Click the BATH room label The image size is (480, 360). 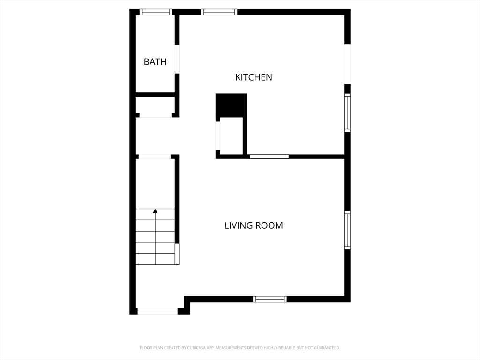point(155,62)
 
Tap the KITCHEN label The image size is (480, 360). point(254,77)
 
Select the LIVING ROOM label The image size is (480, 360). point(254,225)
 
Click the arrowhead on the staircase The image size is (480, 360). point(155,211)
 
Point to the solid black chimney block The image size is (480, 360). point(231,105)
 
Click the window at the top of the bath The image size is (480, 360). point(156,12)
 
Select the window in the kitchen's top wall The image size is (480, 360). point(219,12)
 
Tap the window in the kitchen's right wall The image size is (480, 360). point(347,113)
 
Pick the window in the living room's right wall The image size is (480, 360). point(347,230)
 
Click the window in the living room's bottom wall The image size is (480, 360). point(270,299)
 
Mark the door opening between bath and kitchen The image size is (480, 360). point(177,59)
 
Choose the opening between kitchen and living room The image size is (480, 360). point(269,157)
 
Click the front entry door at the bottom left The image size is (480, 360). point(157,311)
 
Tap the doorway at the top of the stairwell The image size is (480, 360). point(154,157)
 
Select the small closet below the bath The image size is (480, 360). point(155,106)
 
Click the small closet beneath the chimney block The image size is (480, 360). point(231,135)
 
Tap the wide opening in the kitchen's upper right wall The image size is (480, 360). point(347,64)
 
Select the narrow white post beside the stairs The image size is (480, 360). point(177,254)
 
